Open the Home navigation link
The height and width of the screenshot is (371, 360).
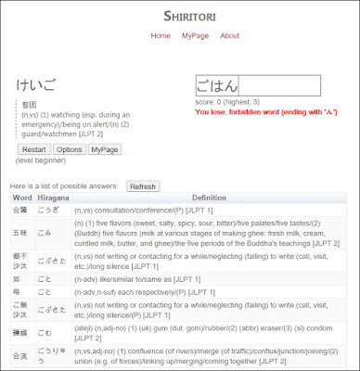[161, 36]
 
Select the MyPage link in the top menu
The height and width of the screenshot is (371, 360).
[195, 36]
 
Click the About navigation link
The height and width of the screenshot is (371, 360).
[229, 36]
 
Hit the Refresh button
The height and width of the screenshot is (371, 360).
[143, 186]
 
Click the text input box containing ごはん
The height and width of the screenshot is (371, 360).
[257, 85]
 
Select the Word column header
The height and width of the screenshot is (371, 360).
[22, 198]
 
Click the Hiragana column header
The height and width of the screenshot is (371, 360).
[53, 198]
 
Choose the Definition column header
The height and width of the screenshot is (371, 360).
[209, 198]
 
